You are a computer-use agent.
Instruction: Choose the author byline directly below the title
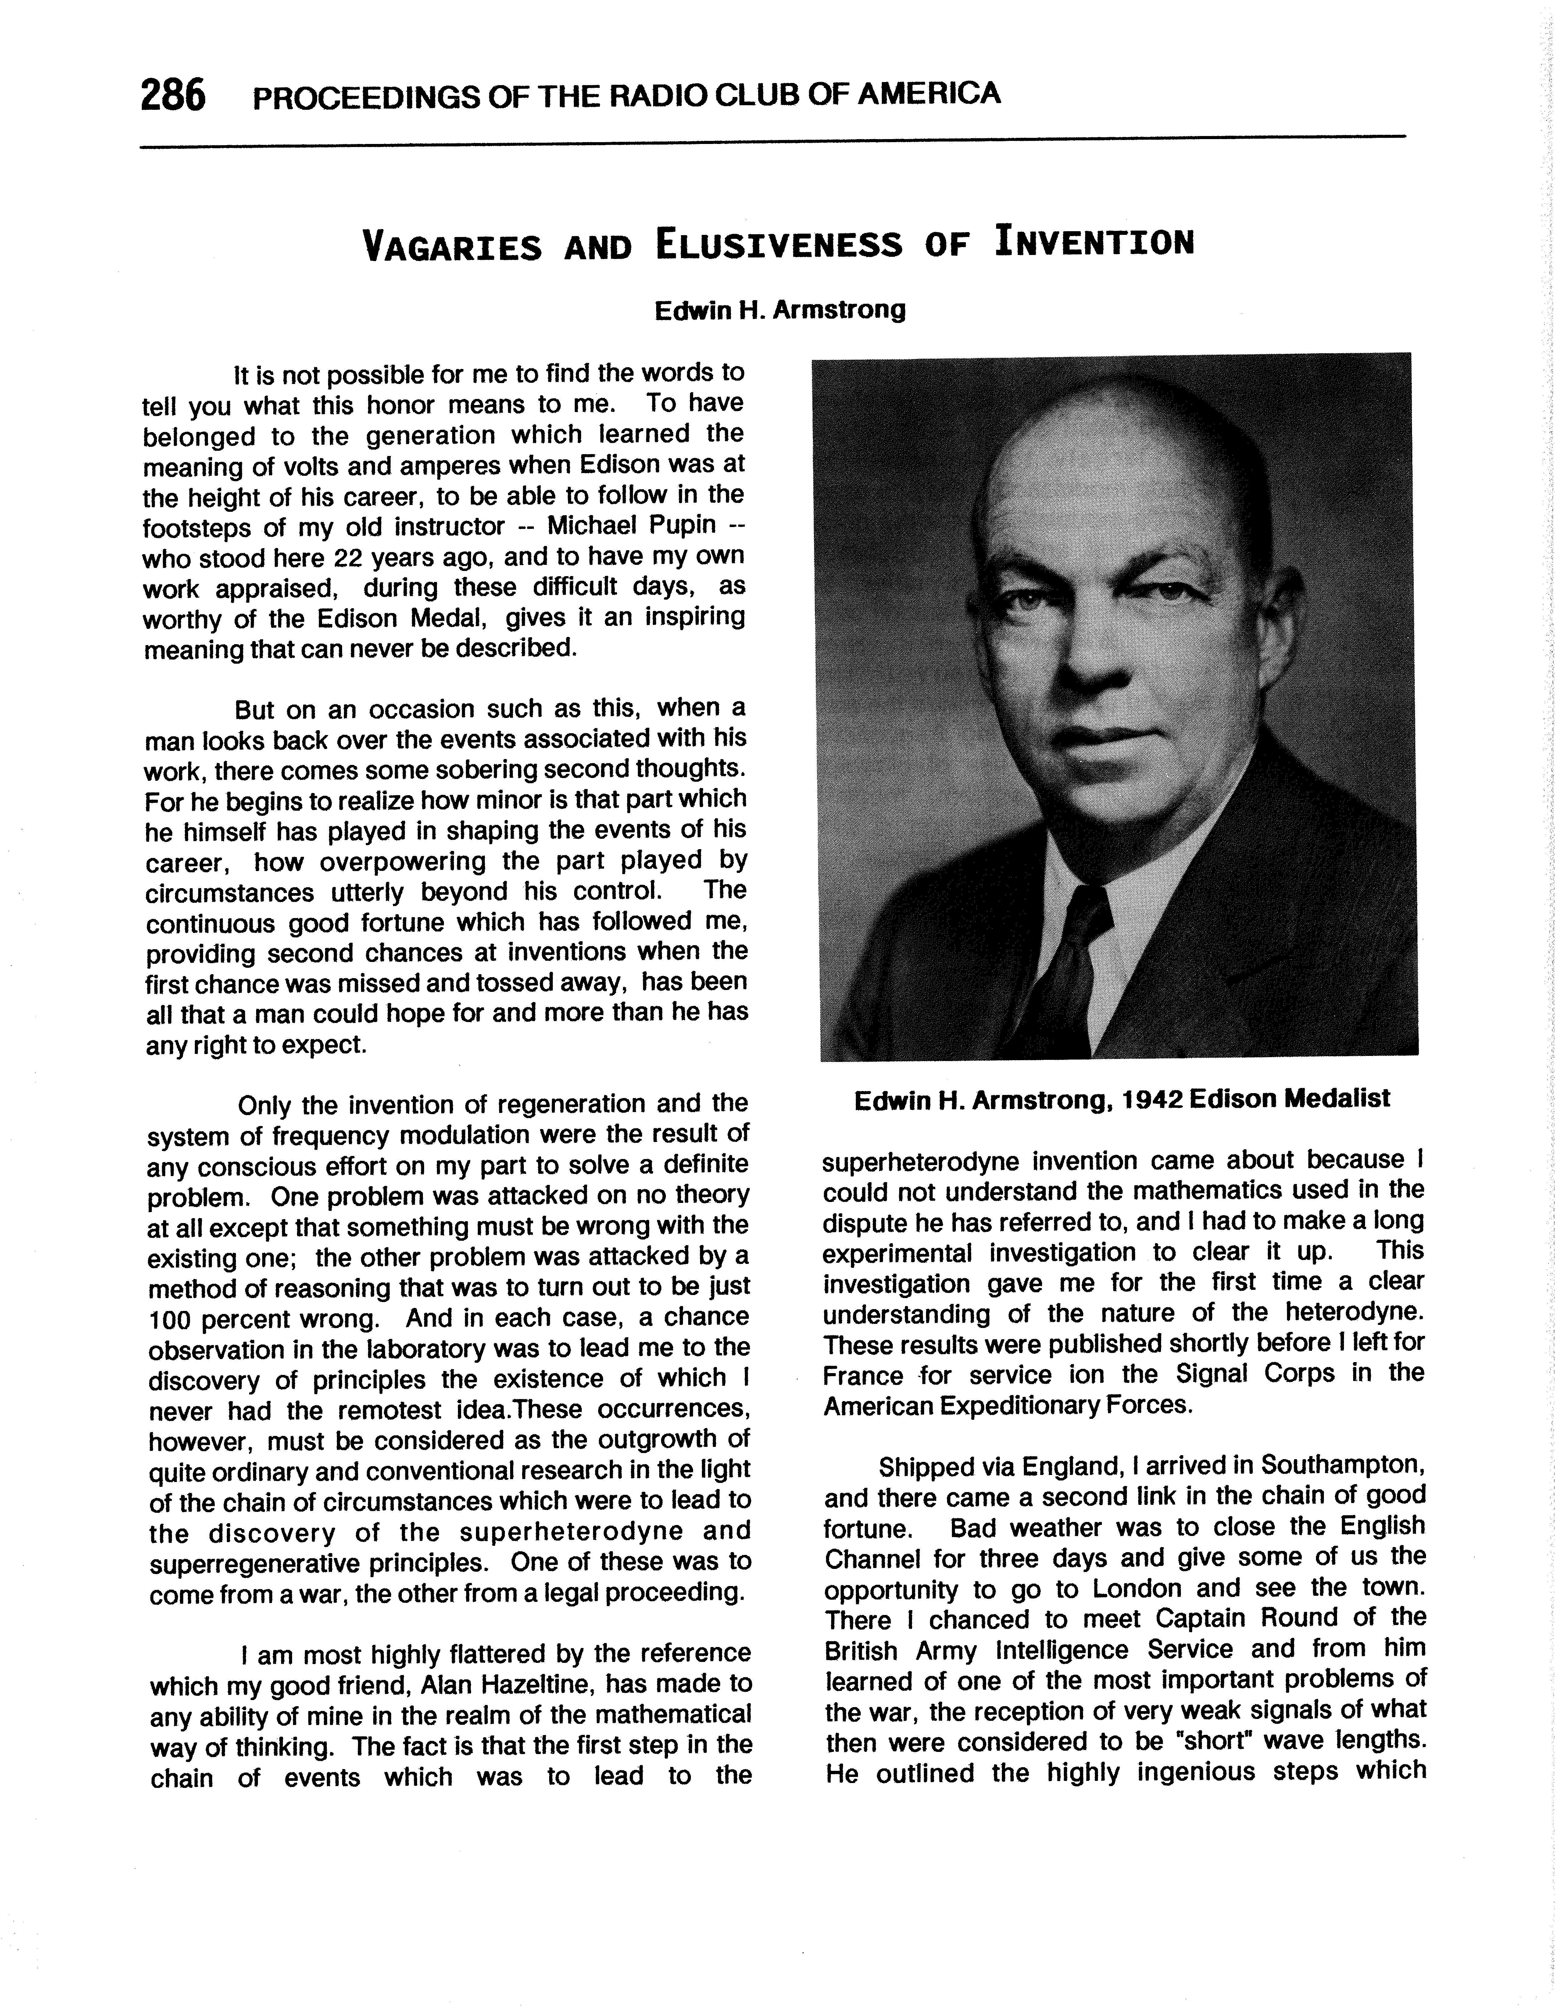[x=779, y=310]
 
